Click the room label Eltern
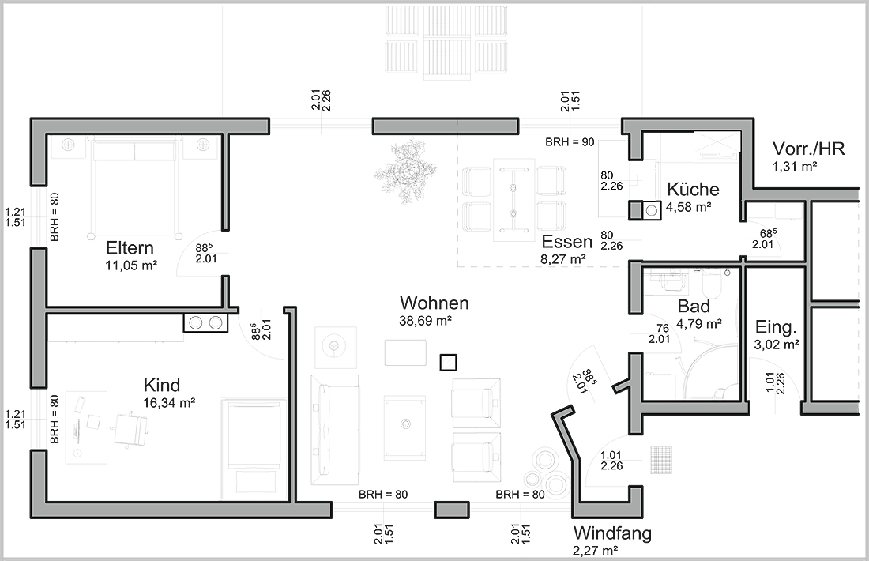pyautogui.click(x=130, y=248)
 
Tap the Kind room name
pyautogui.click(x=162, y=386)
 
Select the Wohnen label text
pyautogui.click(x=434, y=303)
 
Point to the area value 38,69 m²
pyautogui.click(x=425, y=321)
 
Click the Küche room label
pyautogui.click(x=693, y=189)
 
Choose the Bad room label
pyautogui.click(x=694, y=306)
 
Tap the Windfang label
pyautogui.click(x=612, y=533)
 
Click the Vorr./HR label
pyautogui.click(x=809, y=149)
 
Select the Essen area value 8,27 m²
pyautogui.click(x=563, y=259)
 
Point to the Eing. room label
pyautogui.click(x=776, y=327)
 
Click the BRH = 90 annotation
pyautogui.click(x=570, y=142)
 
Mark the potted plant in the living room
pyautogui.click(x=405, y=170)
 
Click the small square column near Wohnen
pyautogui.click(x=449, y=363)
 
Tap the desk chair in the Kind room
pyautogui.click(x=131, y=427)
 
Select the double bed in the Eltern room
pyautogui.click(x=134, y=188)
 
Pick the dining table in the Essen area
pyautogui.click(x=513, y=200)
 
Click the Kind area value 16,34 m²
pyautogui.click(x=169, y=403)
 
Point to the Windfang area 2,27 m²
pyautogui.click(x=595, y=551)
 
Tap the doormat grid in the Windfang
pyautogui.click(x=662, y=460)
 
